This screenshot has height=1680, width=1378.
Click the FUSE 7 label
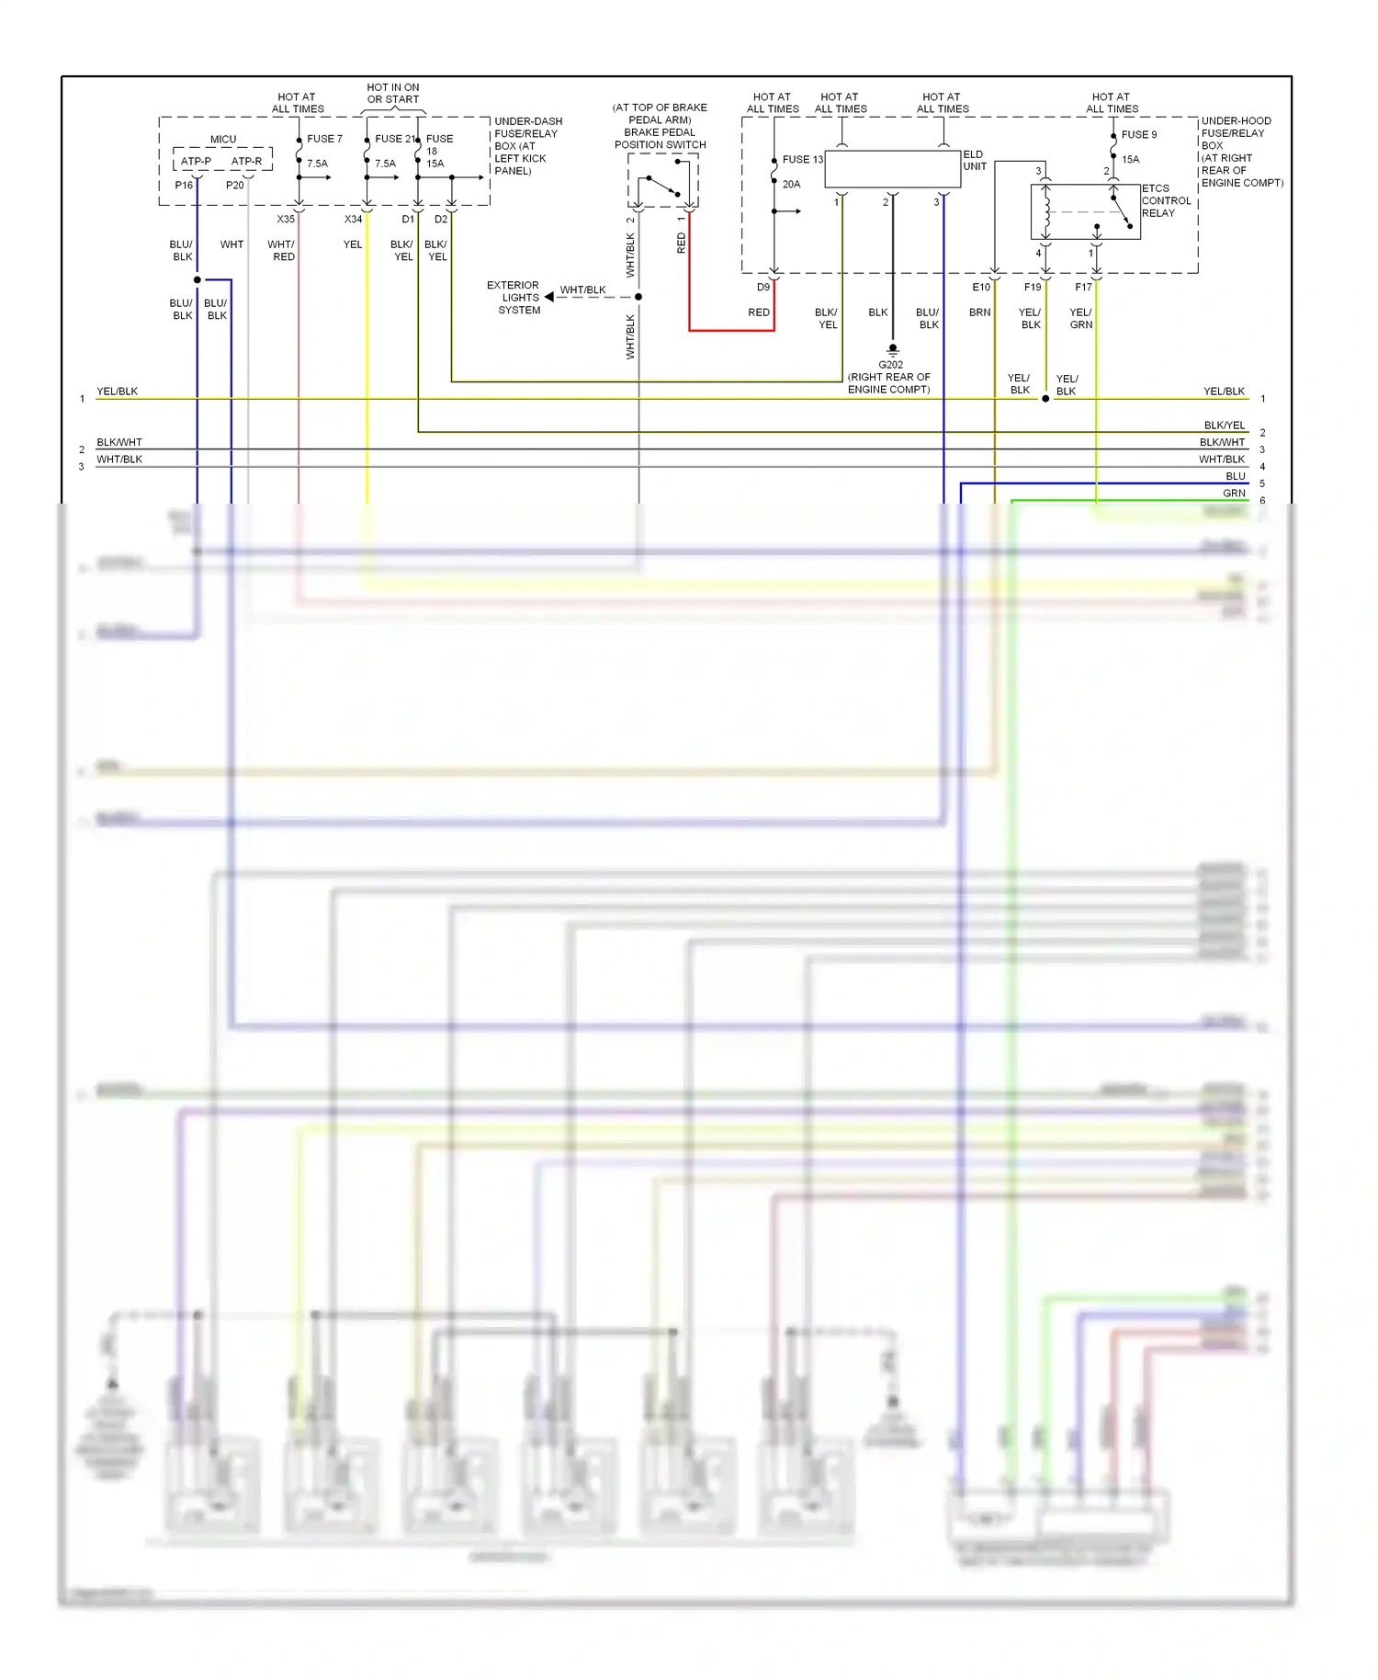click(x=324, y=139)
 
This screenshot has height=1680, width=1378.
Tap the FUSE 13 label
click(x=802, y=159)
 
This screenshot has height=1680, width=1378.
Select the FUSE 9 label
click(x=1138, y=134)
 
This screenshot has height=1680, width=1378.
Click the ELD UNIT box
click(x=892, y=169)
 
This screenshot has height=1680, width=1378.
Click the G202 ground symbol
click(x=892, y=350)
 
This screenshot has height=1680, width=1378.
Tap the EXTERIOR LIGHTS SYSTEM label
click(x=515, y=298)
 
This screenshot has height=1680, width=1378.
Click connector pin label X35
click(x=286, y=220)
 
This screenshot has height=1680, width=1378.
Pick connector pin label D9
click(x=762, y=288)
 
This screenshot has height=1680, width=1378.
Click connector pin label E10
click(x=981, y=288)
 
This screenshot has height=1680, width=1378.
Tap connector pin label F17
click(x=1083, y=288)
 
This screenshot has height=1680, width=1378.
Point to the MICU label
click(x=223, y=140)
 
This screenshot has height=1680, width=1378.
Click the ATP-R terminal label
click(x=246, y=162)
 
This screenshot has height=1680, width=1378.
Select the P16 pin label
click(x=184, y=186)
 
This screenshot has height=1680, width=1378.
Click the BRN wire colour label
click(x=979, y=312)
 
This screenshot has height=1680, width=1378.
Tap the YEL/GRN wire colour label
click(x=1080, y=318)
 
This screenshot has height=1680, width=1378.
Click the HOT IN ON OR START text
click(x=392, y=93)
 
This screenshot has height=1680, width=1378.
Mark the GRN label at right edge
click(x=1234, y=494)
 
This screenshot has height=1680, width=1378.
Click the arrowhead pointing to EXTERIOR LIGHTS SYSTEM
click(x=549, y=297)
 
